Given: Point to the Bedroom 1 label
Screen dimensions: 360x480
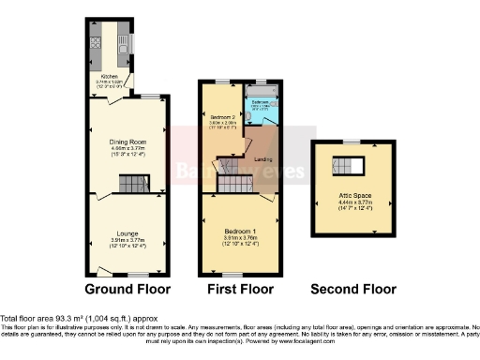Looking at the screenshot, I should [x=239, y=230].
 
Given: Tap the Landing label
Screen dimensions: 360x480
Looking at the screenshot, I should [x=263, y=158].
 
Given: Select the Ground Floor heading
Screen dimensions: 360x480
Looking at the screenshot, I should [x=127, y=289].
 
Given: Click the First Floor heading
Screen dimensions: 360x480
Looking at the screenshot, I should [x=239, y=289].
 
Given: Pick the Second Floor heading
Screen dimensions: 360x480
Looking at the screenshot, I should [x=352, y=289].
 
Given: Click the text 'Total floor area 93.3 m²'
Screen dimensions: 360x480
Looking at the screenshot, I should [x=42, y=320].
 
